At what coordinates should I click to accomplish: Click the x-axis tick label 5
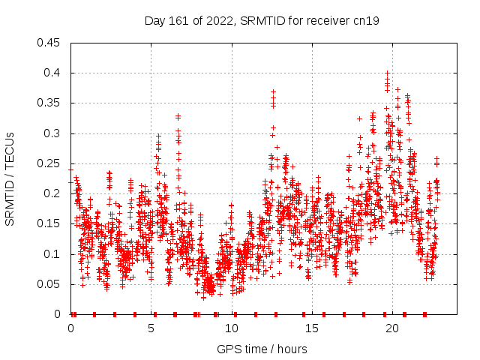(151, 328)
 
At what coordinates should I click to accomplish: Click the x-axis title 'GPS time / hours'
(262, 349)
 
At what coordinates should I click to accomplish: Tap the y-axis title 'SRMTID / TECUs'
(10, 178)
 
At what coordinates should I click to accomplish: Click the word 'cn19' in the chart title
(367, 21)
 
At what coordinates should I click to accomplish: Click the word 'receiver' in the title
(329, 21)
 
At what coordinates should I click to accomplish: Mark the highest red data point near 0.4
(387, 73)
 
